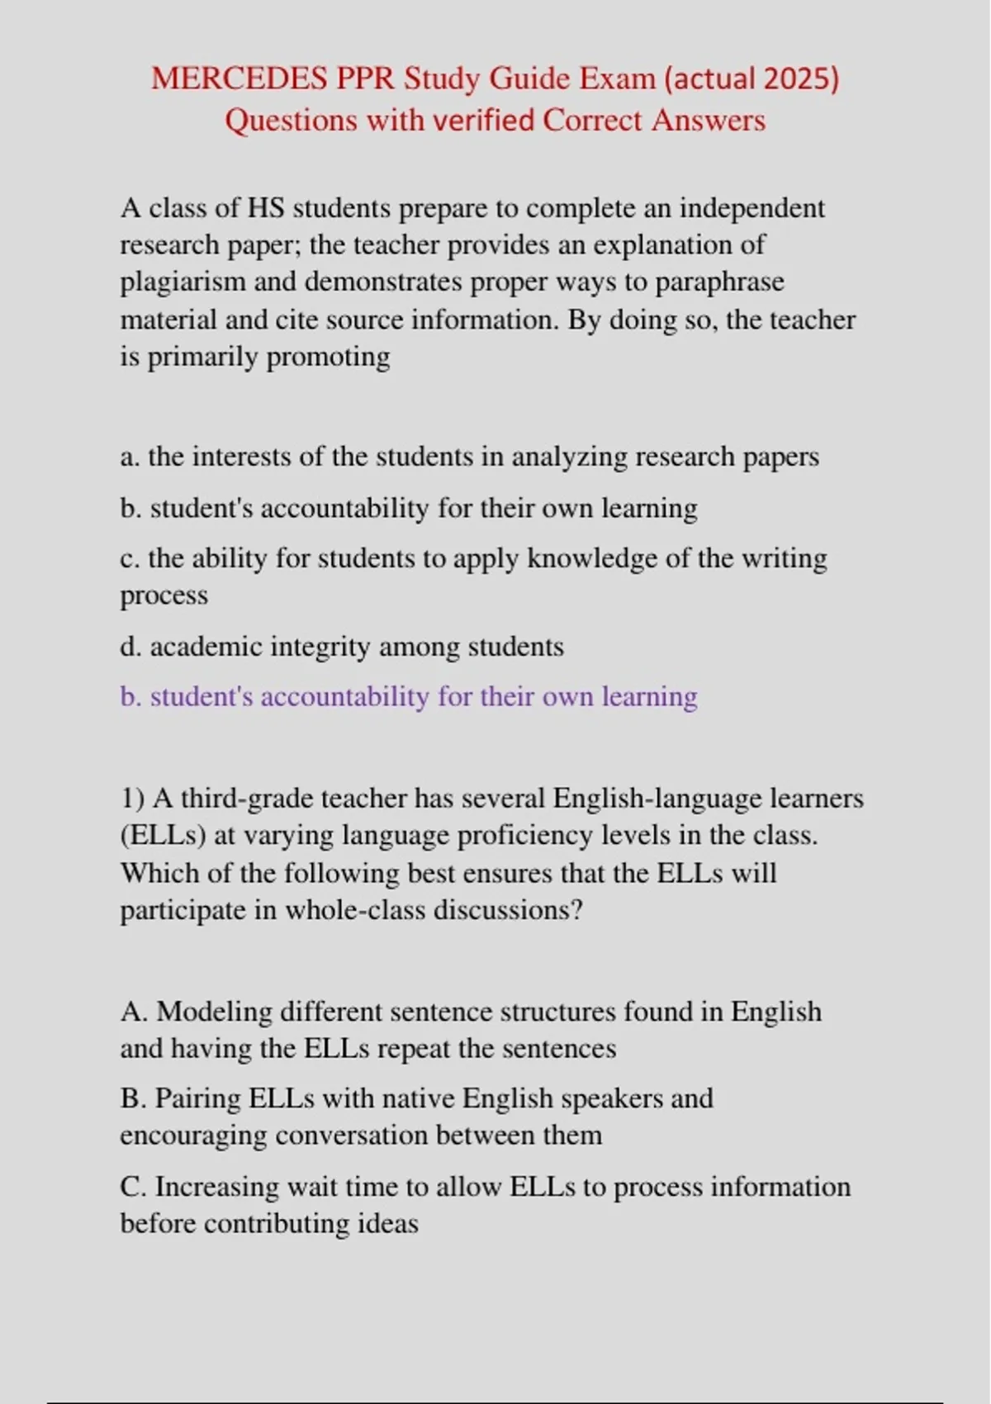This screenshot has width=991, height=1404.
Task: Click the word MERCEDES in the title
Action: tap(239, 79)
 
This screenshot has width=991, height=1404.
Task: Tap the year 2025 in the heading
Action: tap(797, 79)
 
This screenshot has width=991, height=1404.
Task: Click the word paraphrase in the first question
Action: tap(719, 282)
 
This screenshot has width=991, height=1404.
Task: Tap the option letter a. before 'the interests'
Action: tap(130, 457)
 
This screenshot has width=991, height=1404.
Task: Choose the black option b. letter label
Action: tap(130, 508)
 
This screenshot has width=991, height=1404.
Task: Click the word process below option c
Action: tap(164, 595)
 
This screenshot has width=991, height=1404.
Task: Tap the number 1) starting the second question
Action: tap(133, 799)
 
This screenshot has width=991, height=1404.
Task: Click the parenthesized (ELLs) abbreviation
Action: tap(163, 836)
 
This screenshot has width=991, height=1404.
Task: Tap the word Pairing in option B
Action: tap(197, 1099)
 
